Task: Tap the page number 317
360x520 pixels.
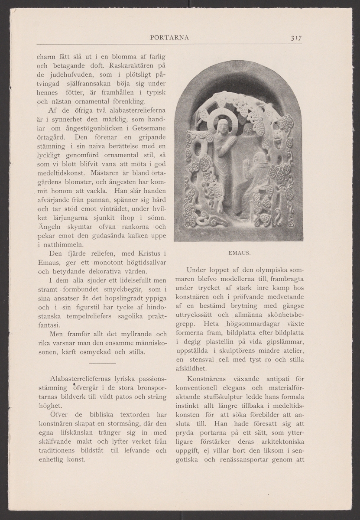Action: tap(296, 38)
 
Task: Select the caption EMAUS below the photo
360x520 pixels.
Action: tap(238, 251)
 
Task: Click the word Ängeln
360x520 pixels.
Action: tap(46, 227)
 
